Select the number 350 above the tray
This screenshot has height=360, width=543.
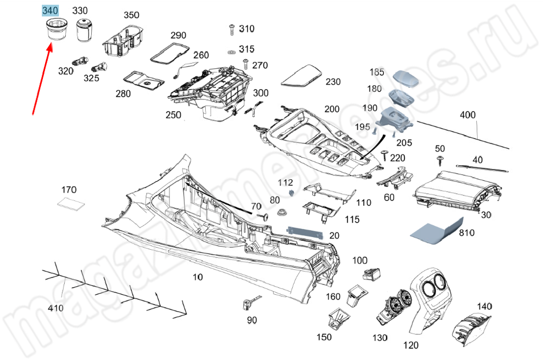click(x=131, y=15)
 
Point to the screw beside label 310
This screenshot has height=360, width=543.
click(x=231, y=28)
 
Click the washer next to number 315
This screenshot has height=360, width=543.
click(x=231, y=52)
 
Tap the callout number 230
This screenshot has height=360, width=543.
click(x=333, y=82)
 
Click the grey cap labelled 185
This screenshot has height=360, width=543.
click(x=407, y=79)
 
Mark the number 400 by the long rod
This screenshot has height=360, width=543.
click(x=467, y=115)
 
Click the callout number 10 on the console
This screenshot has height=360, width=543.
click(x=198, y=277)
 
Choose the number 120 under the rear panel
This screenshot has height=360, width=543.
click(x=412, y=345)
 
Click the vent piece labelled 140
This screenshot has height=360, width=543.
click(x=472, y=327)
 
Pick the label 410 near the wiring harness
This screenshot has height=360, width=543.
click(x=55, y=308)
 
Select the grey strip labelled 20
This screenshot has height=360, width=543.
click(x=305, y=232)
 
